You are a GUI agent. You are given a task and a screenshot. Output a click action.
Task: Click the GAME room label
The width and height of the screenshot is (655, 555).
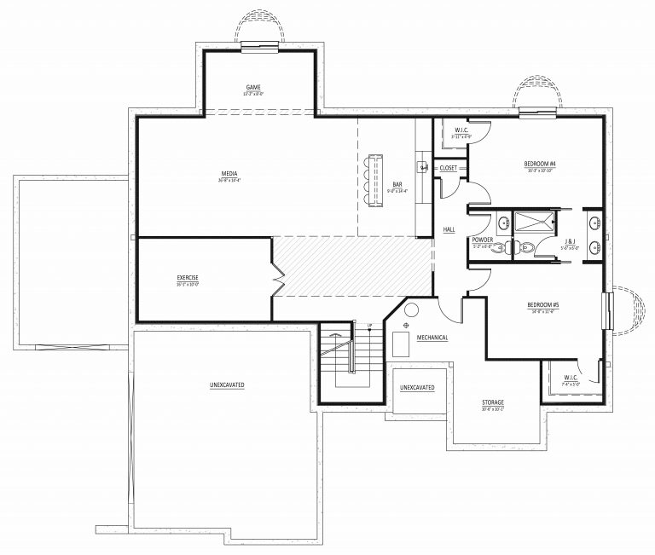pos(253,87)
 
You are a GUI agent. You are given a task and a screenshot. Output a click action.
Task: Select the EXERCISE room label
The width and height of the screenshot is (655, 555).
pos(188,278)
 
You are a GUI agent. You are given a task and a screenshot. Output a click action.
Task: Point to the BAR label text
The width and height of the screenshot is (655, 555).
pos(397,183)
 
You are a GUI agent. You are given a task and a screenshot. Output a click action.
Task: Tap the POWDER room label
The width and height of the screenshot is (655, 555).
pos(483,240)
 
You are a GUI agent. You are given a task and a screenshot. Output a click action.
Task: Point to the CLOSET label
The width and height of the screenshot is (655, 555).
pos(449,168)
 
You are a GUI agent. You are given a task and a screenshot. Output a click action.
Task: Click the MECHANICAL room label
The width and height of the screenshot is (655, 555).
pos(432,338)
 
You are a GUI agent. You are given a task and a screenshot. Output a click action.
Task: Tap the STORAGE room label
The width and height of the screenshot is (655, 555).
pos(492,402)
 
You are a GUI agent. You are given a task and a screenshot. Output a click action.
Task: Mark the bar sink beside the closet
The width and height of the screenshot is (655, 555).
pos(422,166)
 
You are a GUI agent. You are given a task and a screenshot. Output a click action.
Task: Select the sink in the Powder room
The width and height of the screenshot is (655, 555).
pos(503,223)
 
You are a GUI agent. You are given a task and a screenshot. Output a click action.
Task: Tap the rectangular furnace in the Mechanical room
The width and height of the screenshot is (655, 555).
pos(401,344)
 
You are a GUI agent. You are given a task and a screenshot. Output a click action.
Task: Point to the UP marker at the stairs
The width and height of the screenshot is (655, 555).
pos(368,327)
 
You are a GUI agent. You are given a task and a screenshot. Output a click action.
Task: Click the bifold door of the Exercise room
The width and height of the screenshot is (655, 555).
pos(276,279)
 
